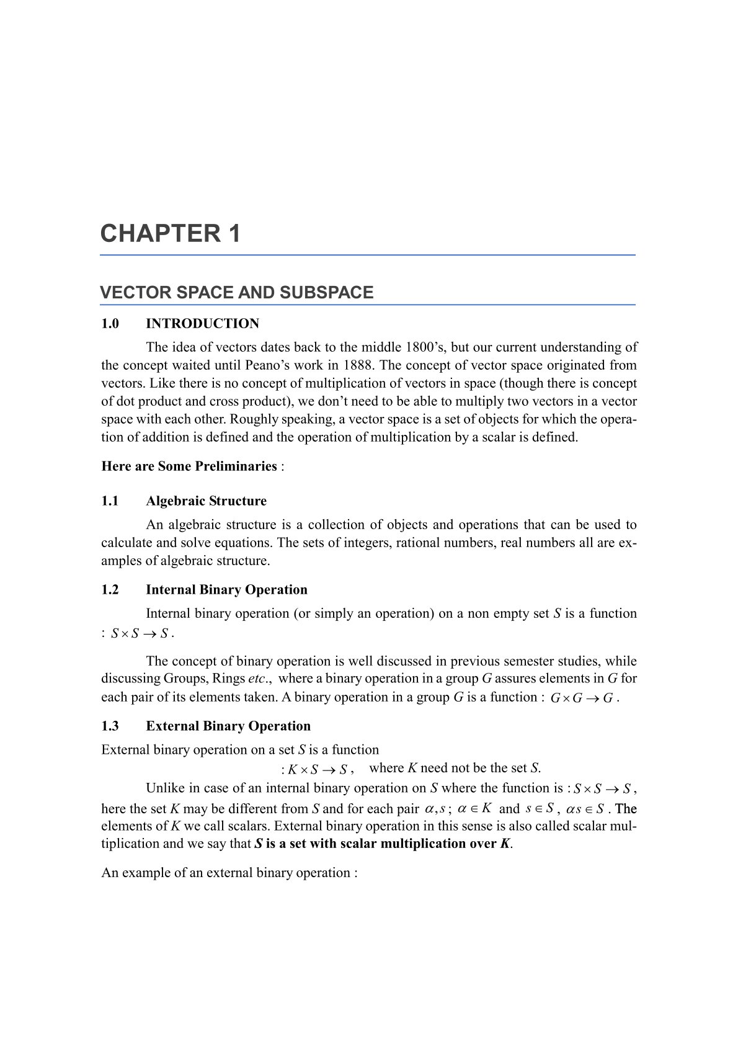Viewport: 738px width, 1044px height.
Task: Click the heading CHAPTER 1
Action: click(170, 234)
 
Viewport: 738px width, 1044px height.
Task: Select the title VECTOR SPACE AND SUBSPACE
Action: click(236, 293)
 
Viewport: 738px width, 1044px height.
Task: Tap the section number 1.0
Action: click(110, 324)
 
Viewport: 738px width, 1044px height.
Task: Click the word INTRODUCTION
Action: click(202, 324)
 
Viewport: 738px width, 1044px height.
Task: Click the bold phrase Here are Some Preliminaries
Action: click(189, 466)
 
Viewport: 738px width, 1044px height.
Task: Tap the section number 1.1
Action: click(110, 501)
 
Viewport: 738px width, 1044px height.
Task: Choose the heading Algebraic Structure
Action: click(206, 501)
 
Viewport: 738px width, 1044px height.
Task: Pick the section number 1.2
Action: click(110, 590)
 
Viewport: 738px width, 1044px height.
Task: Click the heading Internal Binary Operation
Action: click(226, 590)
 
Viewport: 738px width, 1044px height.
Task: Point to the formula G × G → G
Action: click(582, 698)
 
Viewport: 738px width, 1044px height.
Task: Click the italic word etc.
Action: click(257, 679)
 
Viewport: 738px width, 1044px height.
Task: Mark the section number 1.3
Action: click(110, 726)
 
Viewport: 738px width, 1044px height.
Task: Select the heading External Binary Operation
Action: click(228, 726)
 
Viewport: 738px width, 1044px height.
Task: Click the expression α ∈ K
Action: click(474, 809)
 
